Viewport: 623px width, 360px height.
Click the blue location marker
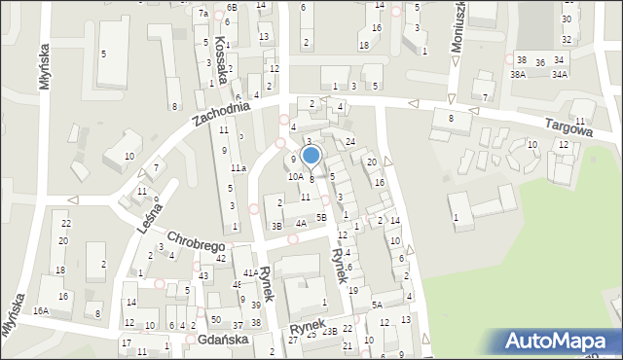pos(311,155)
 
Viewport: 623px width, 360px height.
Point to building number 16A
pos(40,311)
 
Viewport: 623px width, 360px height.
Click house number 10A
pos(294,177)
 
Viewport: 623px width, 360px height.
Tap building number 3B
pos(276,227)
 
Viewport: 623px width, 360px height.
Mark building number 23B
pos(330,332)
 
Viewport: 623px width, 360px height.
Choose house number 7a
pos(203,14)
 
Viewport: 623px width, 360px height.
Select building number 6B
pos(231,8)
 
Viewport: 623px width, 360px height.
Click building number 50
pos(215,320)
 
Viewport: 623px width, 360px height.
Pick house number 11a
pos(238,168)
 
